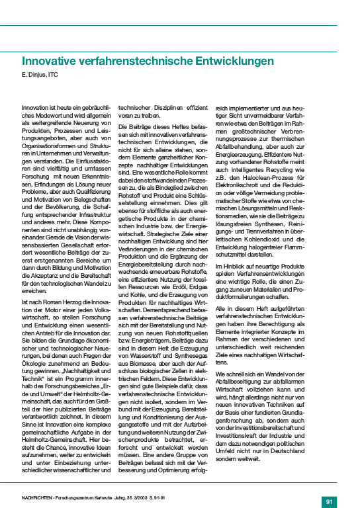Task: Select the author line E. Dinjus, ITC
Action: tap(41, 74)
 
